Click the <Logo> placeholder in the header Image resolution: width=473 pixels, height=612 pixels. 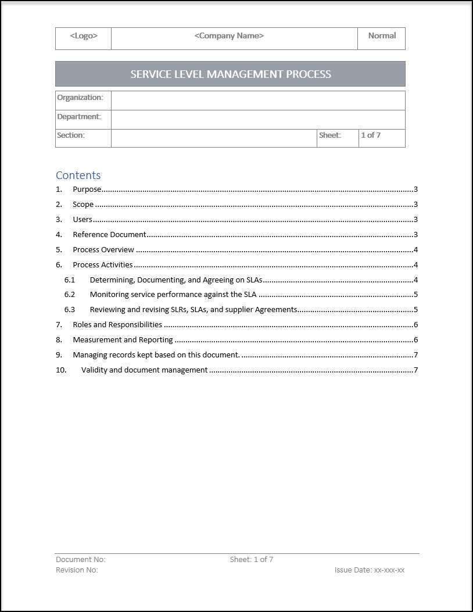pos(84,36)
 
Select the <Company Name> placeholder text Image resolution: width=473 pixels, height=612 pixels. pos(229,36)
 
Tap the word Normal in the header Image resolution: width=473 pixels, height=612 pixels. pos(382,36)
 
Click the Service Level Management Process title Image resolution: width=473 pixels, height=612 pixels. pos(231,74)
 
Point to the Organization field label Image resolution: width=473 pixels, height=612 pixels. pos(80,98)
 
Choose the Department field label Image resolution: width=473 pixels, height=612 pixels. pos(79,117)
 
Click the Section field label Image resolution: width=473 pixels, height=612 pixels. pos(71,135)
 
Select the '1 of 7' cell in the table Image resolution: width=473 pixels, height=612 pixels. pos(371,135)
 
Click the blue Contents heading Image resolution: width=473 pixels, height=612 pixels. pos(78,176)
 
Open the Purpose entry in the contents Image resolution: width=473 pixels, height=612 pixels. pos(87,189)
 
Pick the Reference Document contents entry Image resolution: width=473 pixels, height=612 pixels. pos(109,235)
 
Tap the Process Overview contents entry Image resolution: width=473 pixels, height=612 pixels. pos(103,250)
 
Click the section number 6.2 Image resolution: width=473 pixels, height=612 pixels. pos(70,295)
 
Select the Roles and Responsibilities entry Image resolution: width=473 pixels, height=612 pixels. pos(117,325)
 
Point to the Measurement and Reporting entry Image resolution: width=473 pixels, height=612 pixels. pos(123,340)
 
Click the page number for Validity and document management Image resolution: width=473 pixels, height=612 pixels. pos(415,370)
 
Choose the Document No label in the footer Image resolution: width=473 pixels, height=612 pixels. pos(81,560)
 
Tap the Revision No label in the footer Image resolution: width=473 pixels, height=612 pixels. pos(77,570)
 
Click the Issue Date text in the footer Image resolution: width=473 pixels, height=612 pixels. pos(370,570)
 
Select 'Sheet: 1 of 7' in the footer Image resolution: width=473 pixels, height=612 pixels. pos(252,560)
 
